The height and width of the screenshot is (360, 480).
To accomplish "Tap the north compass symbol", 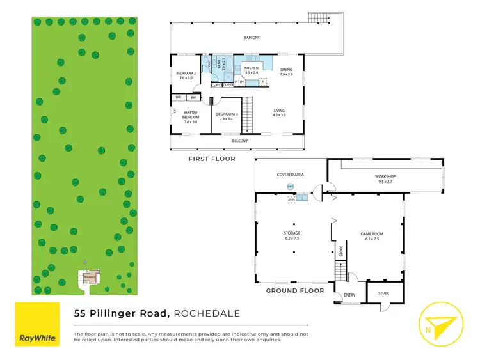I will pos(439,324).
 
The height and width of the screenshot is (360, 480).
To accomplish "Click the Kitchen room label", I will pos(251,68).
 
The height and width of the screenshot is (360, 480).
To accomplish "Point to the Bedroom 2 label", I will pos(185,73).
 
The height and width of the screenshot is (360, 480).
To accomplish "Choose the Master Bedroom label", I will pos(191,115).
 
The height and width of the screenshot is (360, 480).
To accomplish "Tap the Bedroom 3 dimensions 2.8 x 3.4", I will pos(227,119).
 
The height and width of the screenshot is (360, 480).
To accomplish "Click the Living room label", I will pos(278,111).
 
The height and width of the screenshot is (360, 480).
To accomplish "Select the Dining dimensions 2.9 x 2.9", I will pos(285,75).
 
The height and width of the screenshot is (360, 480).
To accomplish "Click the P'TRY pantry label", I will pos(240,82).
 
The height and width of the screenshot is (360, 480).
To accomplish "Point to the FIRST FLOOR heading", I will pos(211,159).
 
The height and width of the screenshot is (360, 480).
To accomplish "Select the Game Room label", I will pos(371,233).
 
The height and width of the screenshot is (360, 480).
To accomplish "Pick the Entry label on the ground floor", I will pos(349,295).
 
